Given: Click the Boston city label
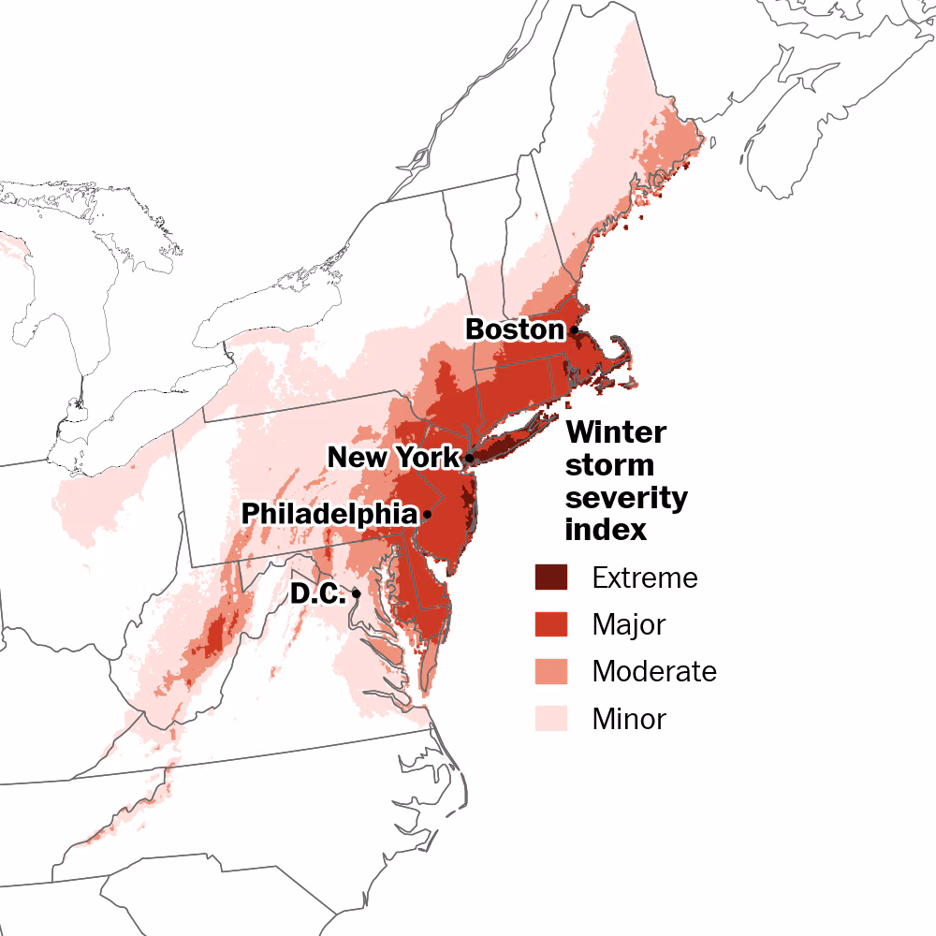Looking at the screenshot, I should (x=515, y=329).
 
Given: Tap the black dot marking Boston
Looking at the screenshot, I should (x=574, y=329).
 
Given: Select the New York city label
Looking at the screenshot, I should (x=393, y=458).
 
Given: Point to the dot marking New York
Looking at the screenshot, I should (x=469, y=458).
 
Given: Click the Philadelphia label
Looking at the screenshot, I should (x=329, y=514).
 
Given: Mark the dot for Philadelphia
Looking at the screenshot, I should (x=427, y=514).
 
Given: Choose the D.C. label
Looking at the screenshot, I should (x=317, y=593).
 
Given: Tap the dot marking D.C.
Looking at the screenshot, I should (x=357, y=593).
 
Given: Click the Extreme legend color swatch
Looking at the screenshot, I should (x=551, y=578).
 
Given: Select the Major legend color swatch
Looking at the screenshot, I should (x=551, y=623).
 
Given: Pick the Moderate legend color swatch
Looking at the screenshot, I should (x=551, y=671).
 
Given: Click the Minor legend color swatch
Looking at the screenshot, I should (x=551, y=719).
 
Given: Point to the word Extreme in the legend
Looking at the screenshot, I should (x=645, y=578).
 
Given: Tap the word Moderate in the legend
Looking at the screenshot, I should (x=654, y=671).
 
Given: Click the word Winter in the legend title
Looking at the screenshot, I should (x=616, y=433).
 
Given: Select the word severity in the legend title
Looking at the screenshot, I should (x=626, y=498).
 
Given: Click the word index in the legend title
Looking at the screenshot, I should (x=606, y=530).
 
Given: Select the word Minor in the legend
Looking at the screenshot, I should (x=629, y=719).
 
